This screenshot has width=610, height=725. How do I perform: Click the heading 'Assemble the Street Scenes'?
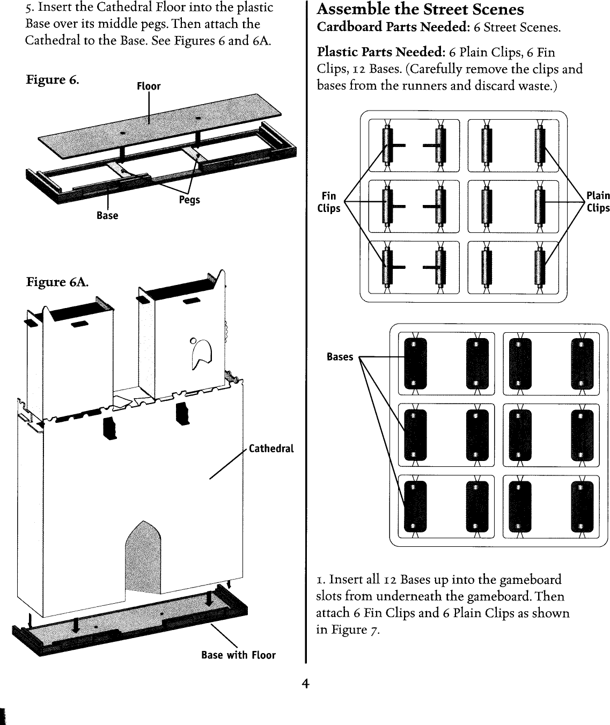[x=420, y=10]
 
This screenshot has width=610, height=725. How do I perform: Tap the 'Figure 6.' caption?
[x=53, y=80]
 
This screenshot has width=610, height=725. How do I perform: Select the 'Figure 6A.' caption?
[x=57, y=282]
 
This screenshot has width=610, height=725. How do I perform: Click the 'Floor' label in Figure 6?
[x=149, y=86]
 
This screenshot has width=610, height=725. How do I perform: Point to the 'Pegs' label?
[x=189, y=200]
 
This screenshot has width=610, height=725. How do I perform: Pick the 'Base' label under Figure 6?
[x=107, y=215]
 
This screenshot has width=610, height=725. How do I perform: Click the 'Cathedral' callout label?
[x=271, y=449]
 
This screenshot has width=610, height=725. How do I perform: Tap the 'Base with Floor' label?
[x=238, y=655]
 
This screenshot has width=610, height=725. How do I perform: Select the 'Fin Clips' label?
[x=328, y=202]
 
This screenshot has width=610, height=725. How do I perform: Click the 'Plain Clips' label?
[x=598, y=202]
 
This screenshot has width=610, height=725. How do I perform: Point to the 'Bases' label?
[x=340, y=357]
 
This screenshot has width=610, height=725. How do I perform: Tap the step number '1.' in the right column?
[x=321, y=580]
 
